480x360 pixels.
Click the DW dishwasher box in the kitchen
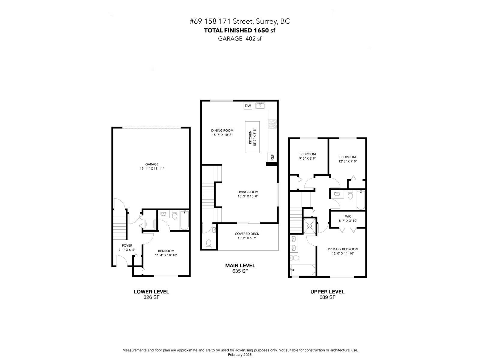click(x=247, y=106)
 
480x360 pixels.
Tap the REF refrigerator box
click(x=272, y=157)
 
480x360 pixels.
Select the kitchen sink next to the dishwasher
click(x=260, y=106)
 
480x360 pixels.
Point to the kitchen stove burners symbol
click(x=273, y=124)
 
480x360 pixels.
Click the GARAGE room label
click(x=152, y=164)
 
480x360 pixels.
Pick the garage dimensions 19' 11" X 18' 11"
click(x=152, y=169)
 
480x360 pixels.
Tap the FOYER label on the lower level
click(x=127, y=245)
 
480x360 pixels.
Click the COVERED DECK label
click(x=247, y=234)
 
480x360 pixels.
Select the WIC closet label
click(x=348, y=216)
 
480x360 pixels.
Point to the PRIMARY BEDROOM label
click(x=343, y=249)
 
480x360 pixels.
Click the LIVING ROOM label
click(x=248, y=192)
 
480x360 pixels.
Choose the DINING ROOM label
click(x=222, y=130)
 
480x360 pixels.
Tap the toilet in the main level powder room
click(x=208, y=244)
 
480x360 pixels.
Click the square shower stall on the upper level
click(x=310, y=226)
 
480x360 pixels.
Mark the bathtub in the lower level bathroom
click(x=184, y=220)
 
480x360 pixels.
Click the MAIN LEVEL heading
click(x=240, y=265)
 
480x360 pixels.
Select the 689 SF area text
click(x=327, y=297)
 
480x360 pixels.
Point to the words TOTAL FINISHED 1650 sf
click(x=240, y=30)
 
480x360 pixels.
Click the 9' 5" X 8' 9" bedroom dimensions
click(x=307, y=158)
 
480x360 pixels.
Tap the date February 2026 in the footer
click(x=240, y=355)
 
